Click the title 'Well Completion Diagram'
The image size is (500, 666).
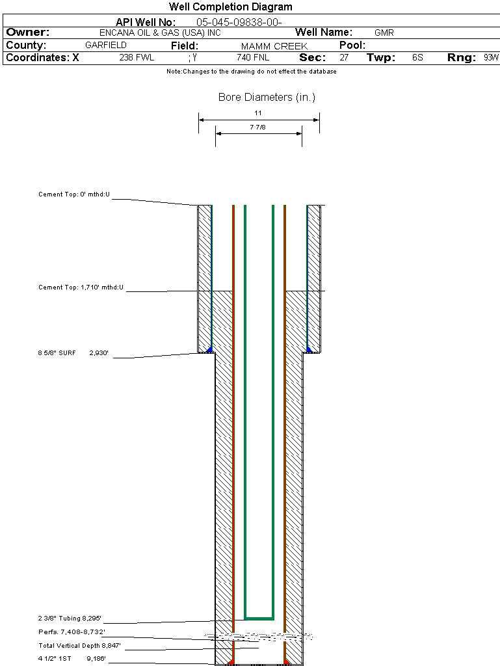click(x=230, y=7)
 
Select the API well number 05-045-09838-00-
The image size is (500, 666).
click(x=239, y=22)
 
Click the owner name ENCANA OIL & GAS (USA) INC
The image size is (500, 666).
click(x=160, y=33)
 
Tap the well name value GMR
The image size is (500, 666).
click(x=384, y=33)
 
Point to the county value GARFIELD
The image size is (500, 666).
click(x=106, y=45)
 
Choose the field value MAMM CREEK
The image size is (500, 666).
click(x=274, y=46)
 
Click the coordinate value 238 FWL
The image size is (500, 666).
click(x=137, y=57)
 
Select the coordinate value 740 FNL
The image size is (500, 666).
click(x=253, y=57)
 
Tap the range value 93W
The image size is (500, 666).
click(x=491, y=57)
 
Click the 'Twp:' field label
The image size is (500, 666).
click(x=381, y=57)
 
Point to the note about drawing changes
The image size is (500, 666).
click(x=251, y=72)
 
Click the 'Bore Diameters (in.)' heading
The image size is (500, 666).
click(x=267, y=98)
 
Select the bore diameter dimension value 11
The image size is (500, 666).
click(x=258, y=113)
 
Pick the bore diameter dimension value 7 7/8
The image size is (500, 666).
click(x=257, y=127)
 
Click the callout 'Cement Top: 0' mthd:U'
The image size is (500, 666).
click(x=74, y=194)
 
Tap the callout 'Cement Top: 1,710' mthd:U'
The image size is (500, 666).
click(x=81, y=287)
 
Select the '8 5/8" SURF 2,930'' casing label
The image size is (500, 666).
click(x=73, y=353)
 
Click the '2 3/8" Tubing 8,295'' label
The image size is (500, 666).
click(x=70, y=618)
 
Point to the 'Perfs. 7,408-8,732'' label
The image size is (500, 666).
click(x=72, y=632)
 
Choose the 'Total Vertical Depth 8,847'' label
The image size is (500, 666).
click(x=79, y=646)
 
